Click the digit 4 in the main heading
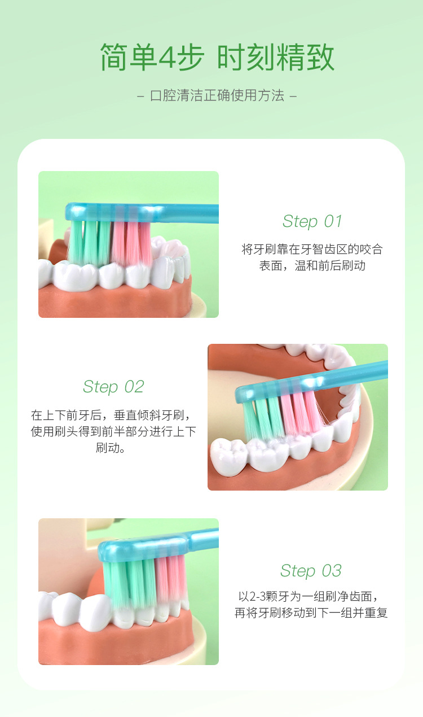(168, 58)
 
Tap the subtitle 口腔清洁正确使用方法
(217, 95)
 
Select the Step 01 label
(312, 221)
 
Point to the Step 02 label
(113, 387)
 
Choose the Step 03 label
(311, 571)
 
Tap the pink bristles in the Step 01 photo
(131, 243)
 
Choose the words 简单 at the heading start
(127, 58)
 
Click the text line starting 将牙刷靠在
(312, 250)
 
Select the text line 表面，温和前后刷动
(312, 265)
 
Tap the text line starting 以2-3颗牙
(311, 596)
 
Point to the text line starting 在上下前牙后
(113, 416)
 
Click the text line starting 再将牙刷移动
(311, 613)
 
